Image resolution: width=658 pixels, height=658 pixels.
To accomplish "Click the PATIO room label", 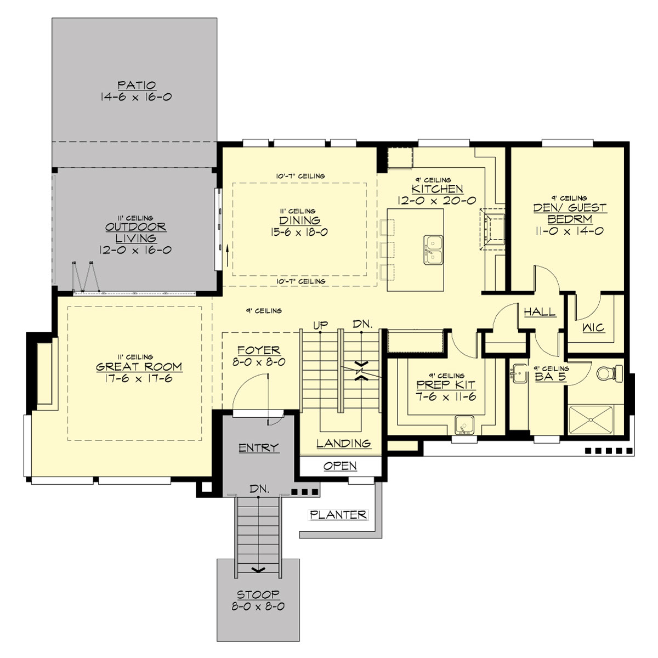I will coord(137,86).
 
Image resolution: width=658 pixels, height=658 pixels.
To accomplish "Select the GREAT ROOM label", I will coord(139,367).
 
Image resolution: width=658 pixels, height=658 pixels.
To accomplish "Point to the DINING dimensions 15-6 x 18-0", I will coord(299,232).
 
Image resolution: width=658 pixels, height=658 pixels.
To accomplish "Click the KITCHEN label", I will coord(437,189).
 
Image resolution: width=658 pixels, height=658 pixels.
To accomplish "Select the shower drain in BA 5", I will coord(591,419).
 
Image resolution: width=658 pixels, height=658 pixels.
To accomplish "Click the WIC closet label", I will coord(593,327).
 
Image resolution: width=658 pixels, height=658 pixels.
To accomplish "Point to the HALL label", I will coord(540,311).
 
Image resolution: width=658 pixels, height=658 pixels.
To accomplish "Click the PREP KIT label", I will coord(445,385).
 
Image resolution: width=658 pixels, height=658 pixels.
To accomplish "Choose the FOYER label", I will coord(259,350).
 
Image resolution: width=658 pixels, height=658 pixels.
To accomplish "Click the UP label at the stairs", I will coord(321,325).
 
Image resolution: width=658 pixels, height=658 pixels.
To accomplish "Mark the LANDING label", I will coord(343,443).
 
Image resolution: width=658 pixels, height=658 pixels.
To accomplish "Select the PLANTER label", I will coord(338,515).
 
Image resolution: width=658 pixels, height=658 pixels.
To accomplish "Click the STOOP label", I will coord(258,594).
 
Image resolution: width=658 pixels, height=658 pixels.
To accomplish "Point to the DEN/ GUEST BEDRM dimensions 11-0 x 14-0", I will coord(569,231).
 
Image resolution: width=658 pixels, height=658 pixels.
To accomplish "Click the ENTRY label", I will coord(258,448).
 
